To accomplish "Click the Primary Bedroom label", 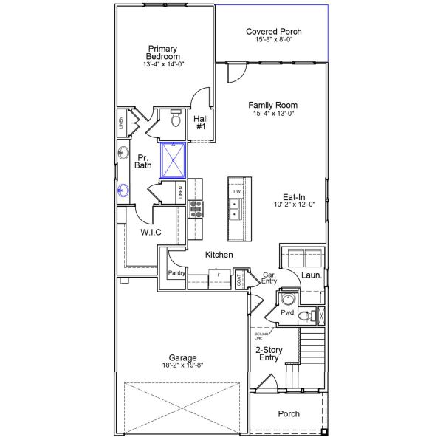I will [163, 52].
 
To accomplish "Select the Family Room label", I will [273, 105].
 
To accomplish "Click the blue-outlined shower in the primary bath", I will [174, 160].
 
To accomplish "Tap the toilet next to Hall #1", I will [176, 119].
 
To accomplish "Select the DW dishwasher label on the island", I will [236, 192].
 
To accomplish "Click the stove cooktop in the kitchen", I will [196, 210].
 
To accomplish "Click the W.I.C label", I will [151, 233].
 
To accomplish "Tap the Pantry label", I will [176, 273].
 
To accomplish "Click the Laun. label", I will [310, 275].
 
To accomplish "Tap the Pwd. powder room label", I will [287, 312].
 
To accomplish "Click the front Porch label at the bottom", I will [288, 414].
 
